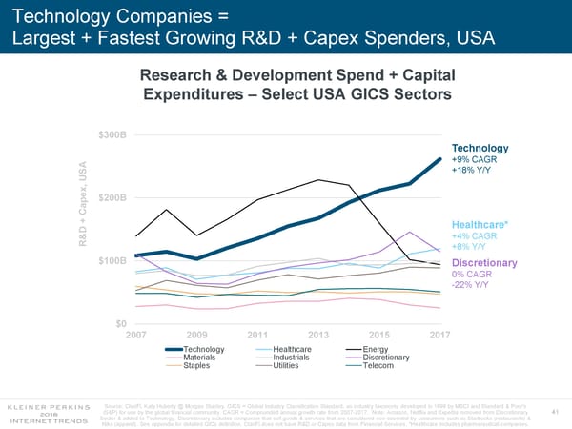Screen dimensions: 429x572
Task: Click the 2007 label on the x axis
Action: coord(137,335)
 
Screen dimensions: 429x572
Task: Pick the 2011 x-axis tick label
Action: coord(258,335)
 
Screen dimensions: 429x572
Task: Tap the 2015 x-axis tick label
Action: coord(379,335)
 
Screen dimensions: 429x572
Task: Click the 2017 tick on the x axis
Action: coord(439,335)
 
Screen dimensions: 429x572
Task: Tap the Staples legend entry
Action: coord(197,366)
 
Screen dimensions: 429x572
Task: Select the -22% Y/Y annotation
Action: coord(470,284)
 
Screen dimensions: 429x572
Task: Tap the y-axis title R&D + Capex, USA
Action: coord(84,197)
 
